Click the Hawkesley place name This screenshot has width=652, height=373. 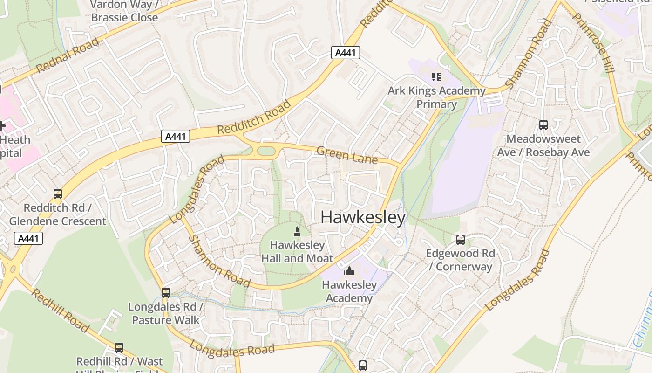pos(363,217)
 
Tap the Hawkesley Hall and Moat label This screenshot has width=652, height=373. pos(297,251)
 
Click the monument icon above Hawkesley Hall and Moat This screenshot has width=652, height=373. pos(297,231)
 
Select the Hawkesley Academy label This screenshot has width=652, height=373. pos(349,291)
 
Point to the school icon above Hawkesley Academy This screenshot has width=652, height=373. pos(349,271)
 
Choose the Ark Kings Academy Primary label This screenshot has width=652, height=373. pos(436,97)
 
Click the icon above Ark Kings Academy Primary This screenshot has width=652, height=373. pos(436,76)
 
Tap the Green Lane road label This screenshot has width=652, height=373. pos(347,155)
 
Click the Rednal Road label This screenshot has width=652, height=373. pos(67,55)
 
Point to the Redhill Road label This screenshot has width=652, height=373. pos(60,310)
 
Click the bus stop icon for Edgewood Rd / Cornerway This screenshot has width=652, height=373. pos(461,240)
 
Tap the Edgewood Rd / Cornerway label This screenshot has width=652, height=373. pos(461,260)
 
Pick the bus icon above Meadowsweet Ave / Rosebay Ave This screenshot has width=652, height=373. pos(543,125)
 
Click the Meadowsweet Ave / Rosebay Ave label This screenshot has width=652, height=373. pos(543,145)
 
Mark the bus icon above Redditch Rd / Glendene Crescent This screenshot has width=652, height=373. pos(58,194)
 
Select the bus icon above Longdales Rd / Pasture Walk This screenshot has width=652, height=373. pos(166,293)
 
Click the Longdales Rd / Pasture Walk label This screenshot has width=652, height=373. pos(166,313)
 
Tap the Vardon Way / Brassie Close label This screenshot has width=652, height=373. pos(124,11)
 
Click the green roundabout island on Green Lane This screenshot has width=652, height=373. pos(266,151)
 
